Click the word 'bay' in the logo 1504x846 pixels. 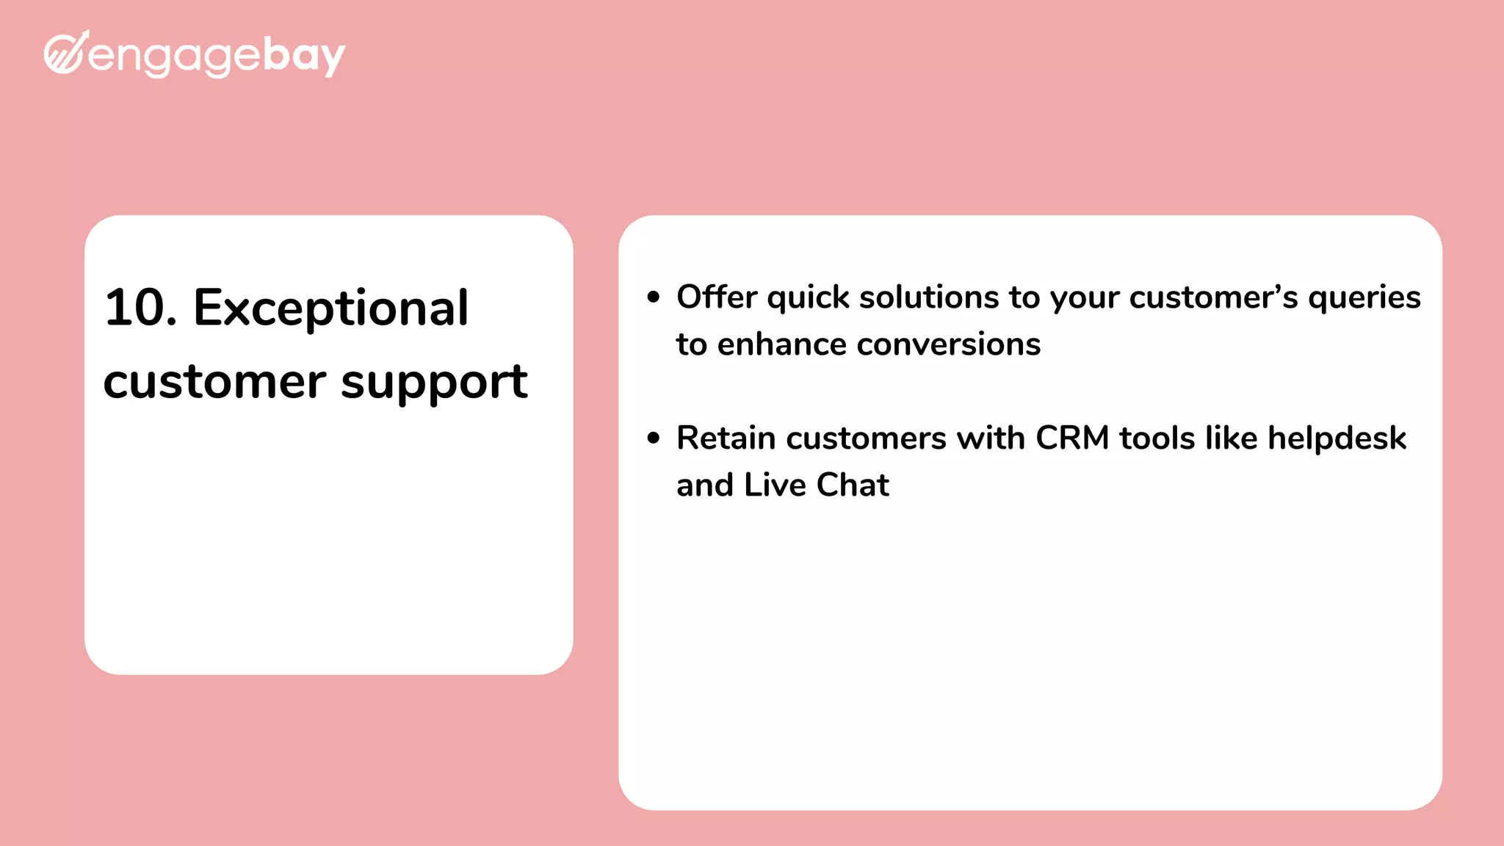303,56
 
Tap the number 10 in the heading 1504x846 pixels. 136,308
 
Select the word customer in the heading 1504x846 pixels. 214,382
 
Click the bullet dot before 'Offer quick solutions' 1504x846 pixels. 654,297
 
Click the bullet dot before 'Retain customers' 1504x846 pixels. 654,438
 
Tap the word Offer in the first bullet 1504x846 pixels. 716,297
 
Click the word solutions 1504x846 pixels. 929,297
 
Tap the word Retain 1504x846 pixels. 726,438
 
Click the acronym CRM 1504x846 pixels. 1071,438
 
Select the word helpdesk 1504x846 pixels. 1337,438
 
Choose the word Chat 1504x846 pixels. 853,485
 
